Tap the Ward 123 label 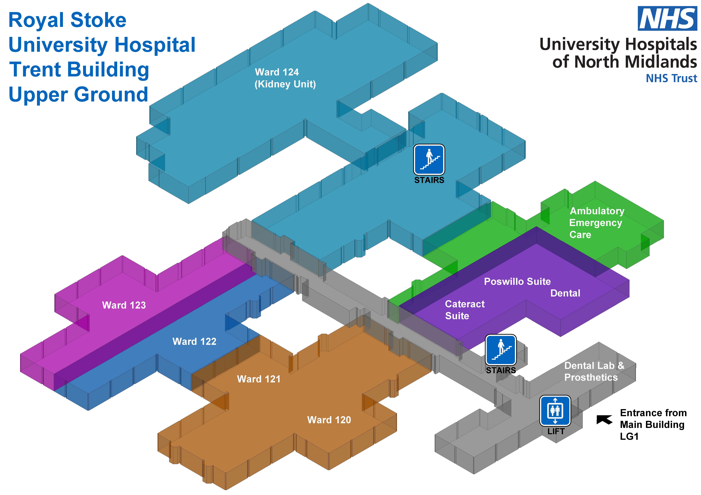click(124, 305)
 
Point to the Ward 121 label click(259, 379)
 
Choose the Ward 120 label click(329, 420)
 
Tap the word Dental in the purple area click(565, 293)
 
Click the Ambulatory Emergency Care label click(597, 223)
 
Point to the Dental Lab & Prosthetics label click(594, 371)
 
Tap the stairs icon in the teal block click(429, 159)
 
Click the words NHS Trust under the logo click(671, 78)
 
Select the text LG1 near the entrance click(629, 437)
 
